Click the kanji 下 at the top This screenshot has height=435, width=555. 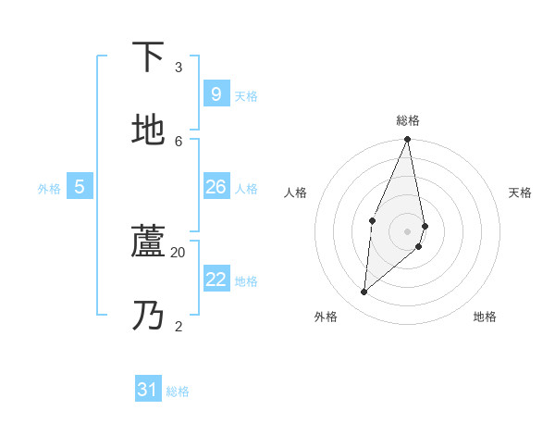pyautogui.click(x=148, y=57)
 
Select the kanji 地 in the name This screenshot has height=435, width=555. pyautogui.click(x=148, y=130)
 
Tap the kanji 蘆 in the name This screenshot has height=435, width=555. pyautogui.click(x=148, y=242)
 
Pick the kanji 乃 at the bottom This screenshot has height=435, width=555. pyautogui.click(x=148, y=315)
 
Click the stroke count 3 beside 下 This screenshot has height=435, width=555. pyautogui.click(x=179, y=68)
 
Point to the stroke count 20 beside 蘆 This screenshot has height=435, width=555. pyautogui.click(x=179, y=252)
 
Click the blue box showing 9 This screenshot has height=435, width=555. pyautogui.click(x=216, y=93)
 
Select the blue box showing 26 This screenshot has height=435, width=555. pyautogui.click(x=216, y=187)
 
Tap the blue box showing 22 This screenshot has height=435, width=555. pyautogui.click(x=216, y=280)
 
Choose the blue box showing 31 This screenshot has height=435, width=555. pyautogui.click(x=148, y=390)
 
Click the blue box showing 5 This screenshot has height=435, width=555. pyautogui.click(x=80, y=187)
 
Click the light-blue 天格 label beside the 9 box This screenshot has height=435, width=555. pyautogui.click(x=246, y=96)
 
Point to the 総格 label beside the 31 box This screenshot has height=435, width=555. pyautogui.click(x=178, y=392)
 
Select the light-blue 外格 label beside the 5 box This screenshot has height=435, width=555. pyautogui.click(x=49, y=189)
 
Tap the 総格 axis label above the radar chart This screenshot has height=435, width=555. pyautogui.click(x=408, y=120)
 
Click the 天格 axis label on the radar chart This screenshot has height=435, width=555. pyautogui.click(x=520, y=193)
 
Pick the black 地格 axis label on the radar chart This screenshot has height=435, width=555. pyautogui.click(x=485, y=317)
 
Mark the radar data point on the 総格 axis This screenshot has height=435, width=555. pyautogui.click(x=407, y=140)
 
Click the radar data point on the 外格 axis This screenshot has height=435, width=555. pyautogui.click(x=364, y=292)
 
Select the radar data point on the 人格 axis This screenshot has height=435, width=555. pyautogui.click(x=372, y=220)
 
